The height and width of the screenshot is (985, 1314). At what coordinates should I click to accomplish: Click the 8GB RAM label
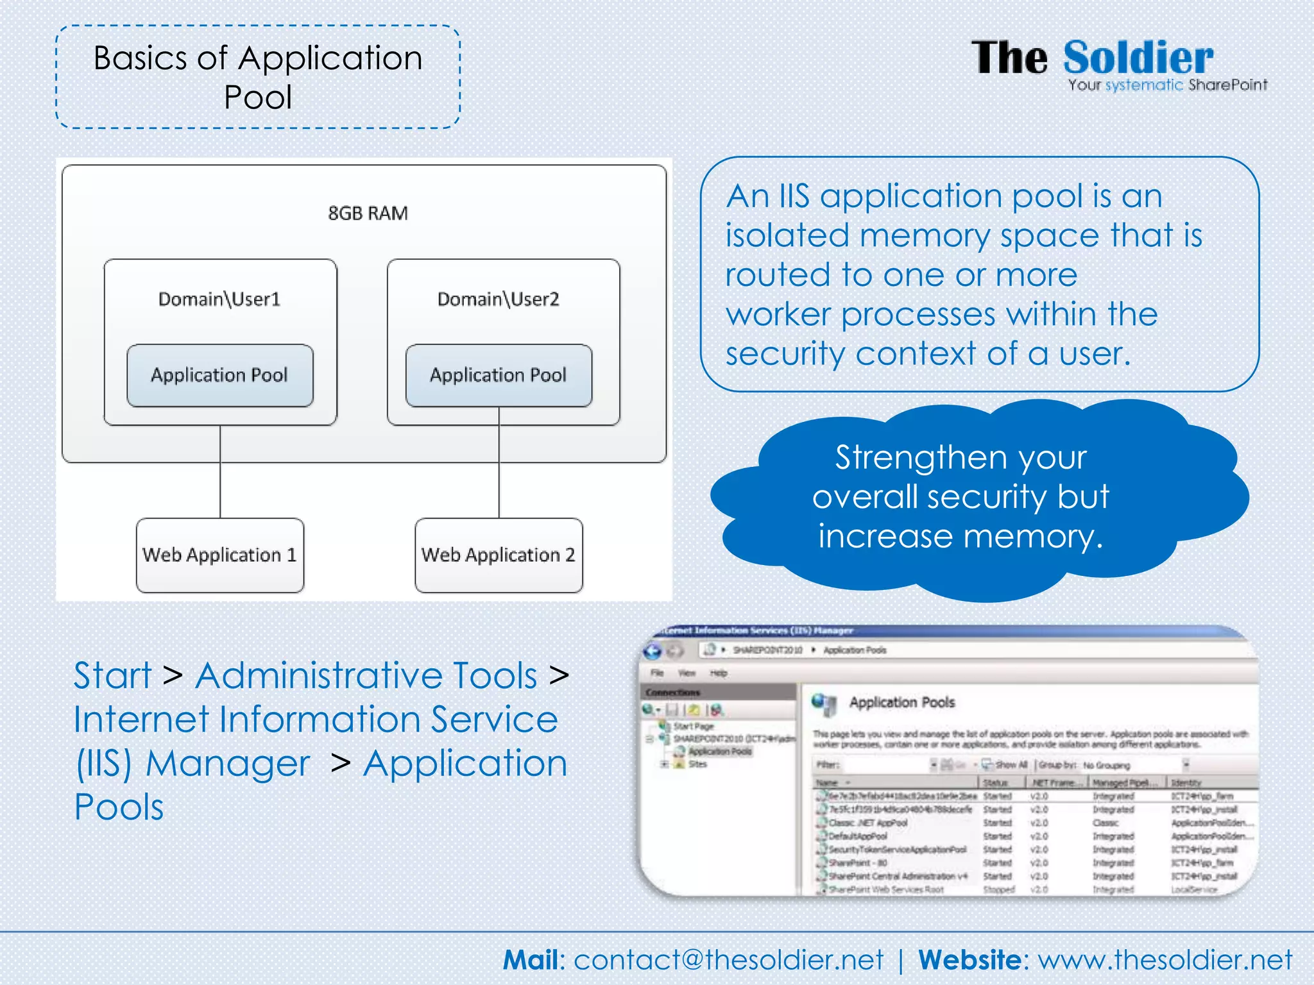pyautogui.click(x=368, y=213)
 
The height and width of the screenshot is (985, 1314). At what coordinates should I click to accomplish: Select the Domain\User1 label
pyautogui.click(x=219, y=299)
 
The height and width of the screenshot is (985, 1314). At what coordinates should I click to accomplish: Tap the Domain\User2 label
pyautogui.click(x=498, y=299)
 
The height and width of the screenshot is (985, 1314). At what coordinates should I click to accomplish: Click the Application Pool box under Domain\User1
pyautogui.click(x=220, y=375)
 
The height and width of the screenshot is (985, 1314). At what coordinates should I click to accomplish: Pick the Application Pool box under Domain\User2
pyautogui.click(x=499, y=375)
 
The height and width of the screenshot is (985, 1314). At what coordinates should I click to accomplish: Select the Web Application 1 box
pyautogui.click(x=220, y=555)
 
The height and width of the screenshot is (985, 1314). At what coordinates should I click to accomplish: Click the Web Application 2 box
pyautogui.click(x=499, y=555)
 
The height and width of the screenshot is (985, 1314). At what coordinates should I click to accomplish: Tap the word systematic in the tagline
pyautogui.click(x=1144, y=85)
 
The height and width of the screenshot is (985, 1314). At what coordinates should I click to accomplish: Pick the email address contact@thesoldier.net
pyautogui.click(x=728, y=960)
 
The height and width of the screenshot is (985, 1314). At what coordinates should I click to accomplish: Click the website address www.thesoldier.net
pyautogui.click(x=1165, y=960)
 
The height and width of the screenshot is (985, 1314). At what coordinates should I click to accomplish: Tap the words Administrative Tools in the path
pyautogui.click(x=366, y=675)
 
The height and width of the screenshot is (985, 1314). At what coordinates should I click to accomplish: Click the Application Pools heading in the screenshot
pyautogui.click(x=901, y=702)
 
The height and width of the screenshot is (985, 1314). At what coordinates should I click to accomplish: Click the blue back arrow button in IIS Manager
pyautogui.click(x=653, y=651)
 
